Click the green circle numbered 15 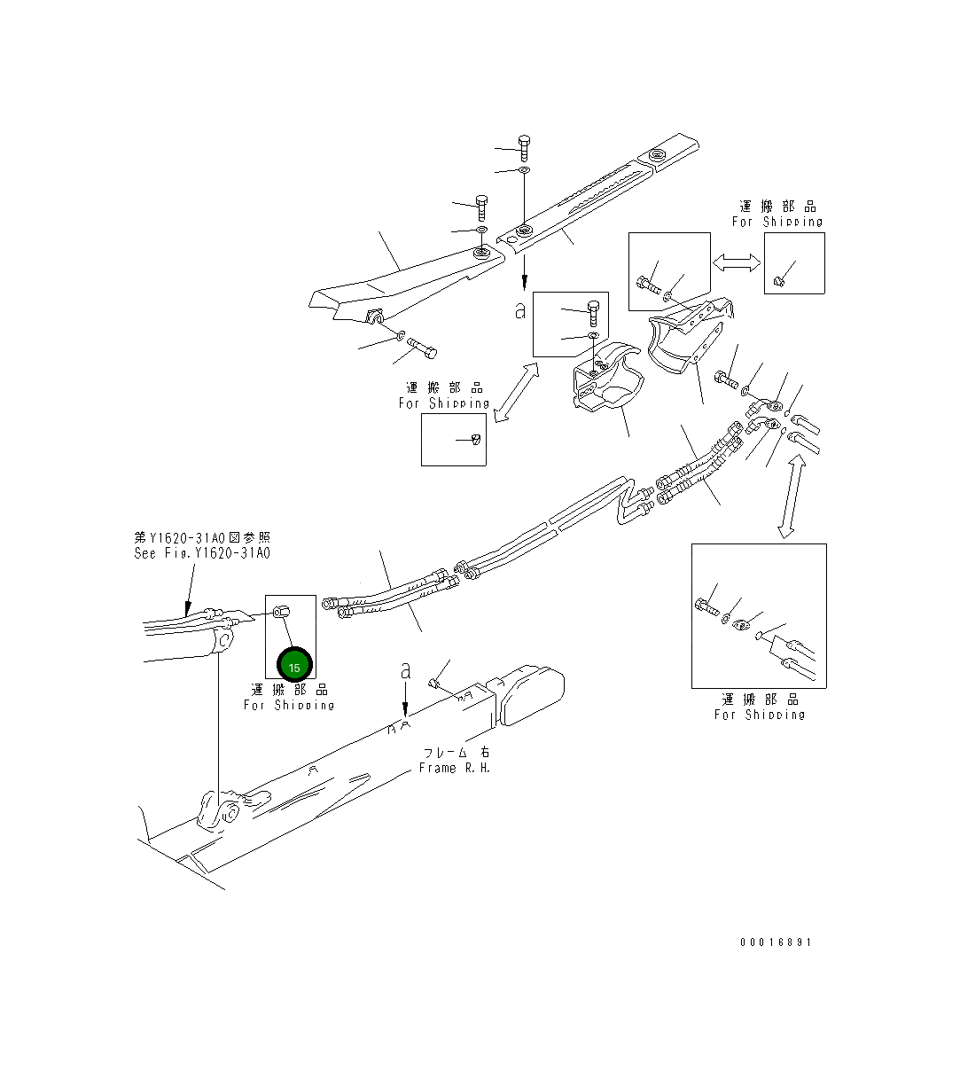[294, 665]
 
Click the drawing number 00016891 [776, 942]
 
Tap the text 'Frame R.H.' [455, 768]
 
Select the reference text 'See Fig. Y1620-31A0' [202, 552]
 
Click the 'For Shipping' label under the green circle [290, 705]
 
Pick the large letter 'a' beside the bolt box [520, 311]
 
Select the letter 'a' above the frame [406, 671]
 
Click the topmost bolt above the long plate [523, 148]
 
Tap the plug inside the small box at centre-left [476, 440]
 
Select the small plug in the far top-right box [780, 281]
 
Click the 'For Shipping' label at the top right [777, 221]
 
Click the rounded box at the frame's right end [532, 695]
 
